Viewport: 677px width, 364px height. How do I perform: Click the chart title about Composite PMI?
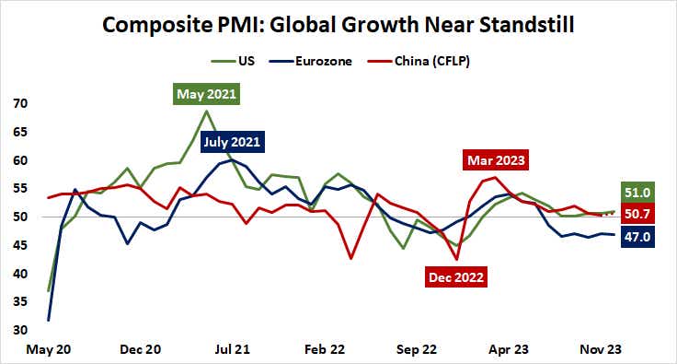(338, 25)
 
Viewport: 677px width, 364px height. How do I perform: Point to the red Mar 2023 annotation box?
(497, 159)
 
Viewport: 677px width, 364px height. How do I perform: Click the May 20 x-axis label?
(47, 350)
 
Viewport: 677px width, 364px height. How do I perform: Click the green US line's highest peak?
(206, 112)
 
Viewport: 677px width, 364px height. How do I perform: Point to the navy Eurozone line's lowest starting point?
(49, 320)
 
